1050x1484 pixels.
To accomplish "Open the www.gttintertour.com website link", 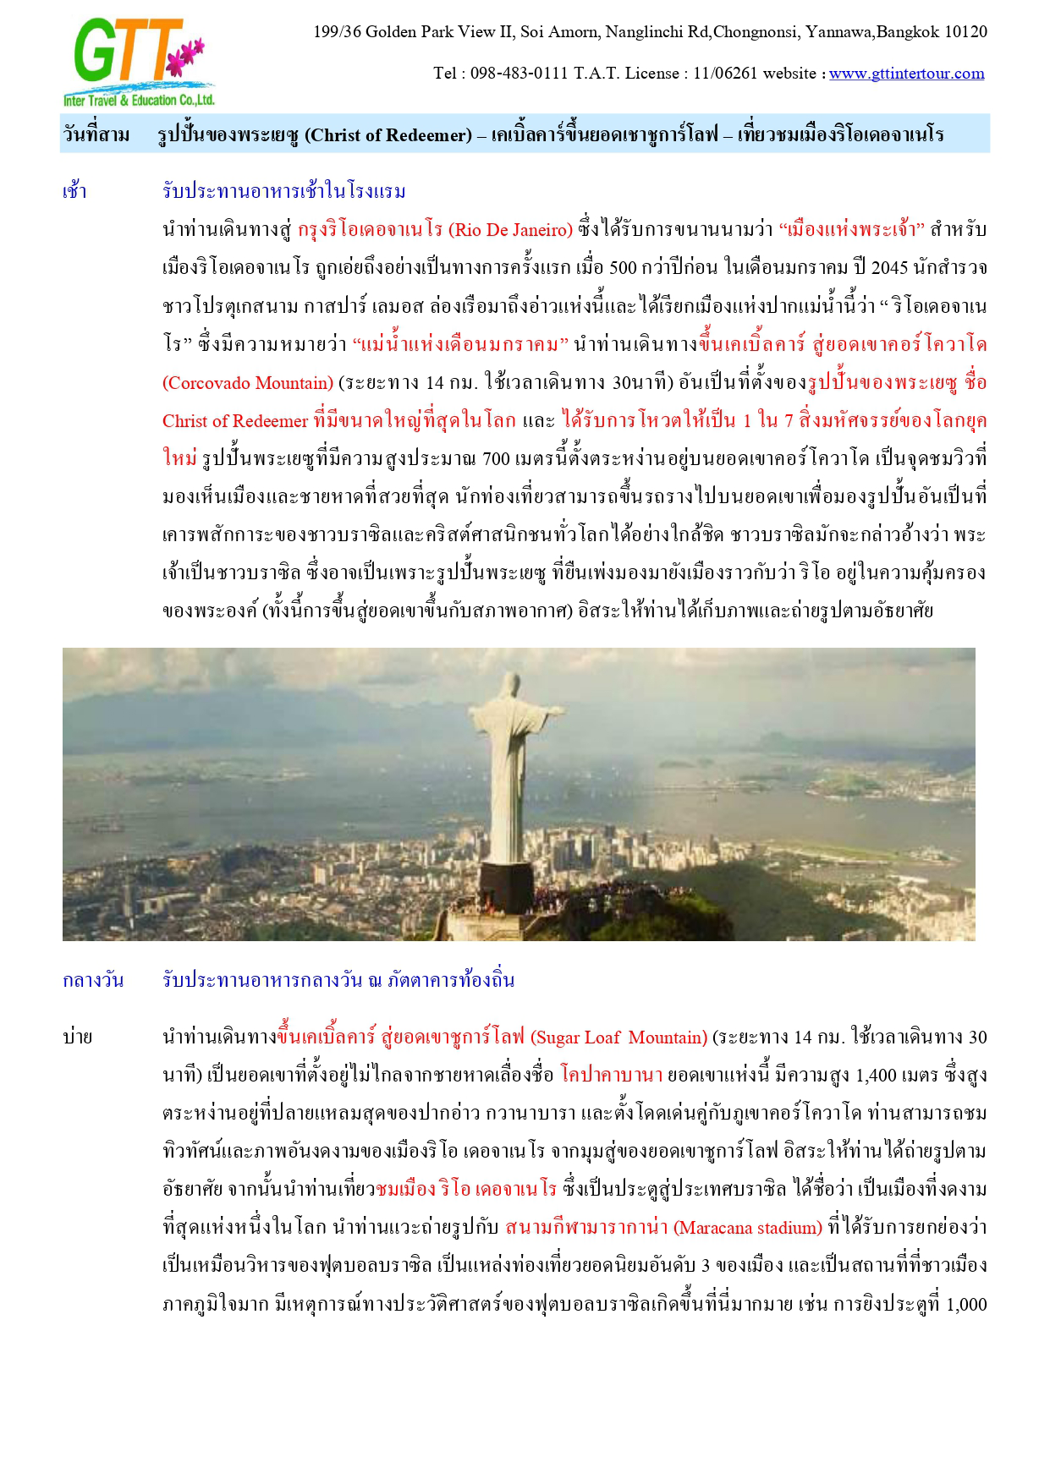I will tap(906, 74).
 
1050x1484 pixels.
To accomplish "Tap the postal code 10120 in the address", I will tap(965, 32).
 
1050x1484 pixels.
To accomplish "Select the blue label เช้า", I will tap(74, 191).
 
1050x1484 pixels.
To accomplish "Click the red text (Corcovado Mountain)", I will tap(248, 383).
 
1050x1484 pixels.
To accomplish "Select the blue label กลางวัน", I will tap(93, 980).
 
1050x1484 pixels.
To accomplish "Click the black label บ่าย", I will tap(77, 1037).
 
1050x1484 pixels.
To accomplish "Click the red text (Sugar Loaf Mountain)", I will tap(618, 1038).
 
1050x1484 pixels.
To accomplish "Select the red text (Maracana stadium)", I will tap(748, 1228).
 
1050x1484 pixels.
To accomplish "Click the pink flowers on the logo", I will tap(187, 56).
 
